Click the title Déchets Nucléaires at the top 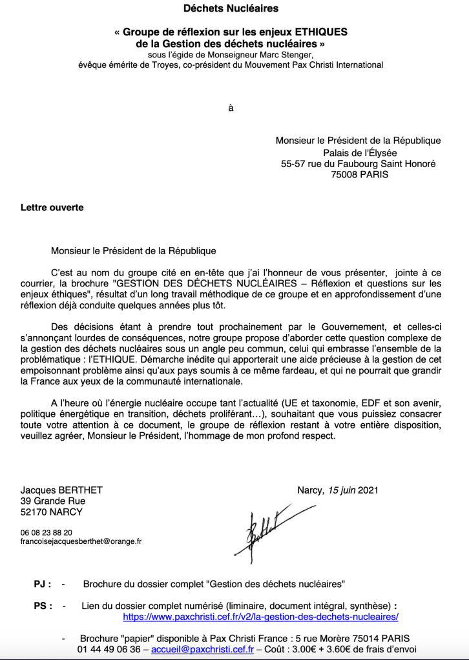(231, 9)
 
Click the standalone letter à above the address (231, 108)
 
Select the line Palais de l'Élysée (360, 152)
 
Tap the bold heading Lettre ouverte (52, 208)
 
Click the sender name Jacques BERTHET (61, 490)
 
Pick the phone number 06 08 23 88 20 (47, 533)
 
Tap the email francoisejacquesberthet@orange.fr (81, 543)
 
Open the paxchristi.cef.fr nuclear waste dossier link (260, 617)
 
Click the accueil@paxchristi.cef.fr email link (202, 648)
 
